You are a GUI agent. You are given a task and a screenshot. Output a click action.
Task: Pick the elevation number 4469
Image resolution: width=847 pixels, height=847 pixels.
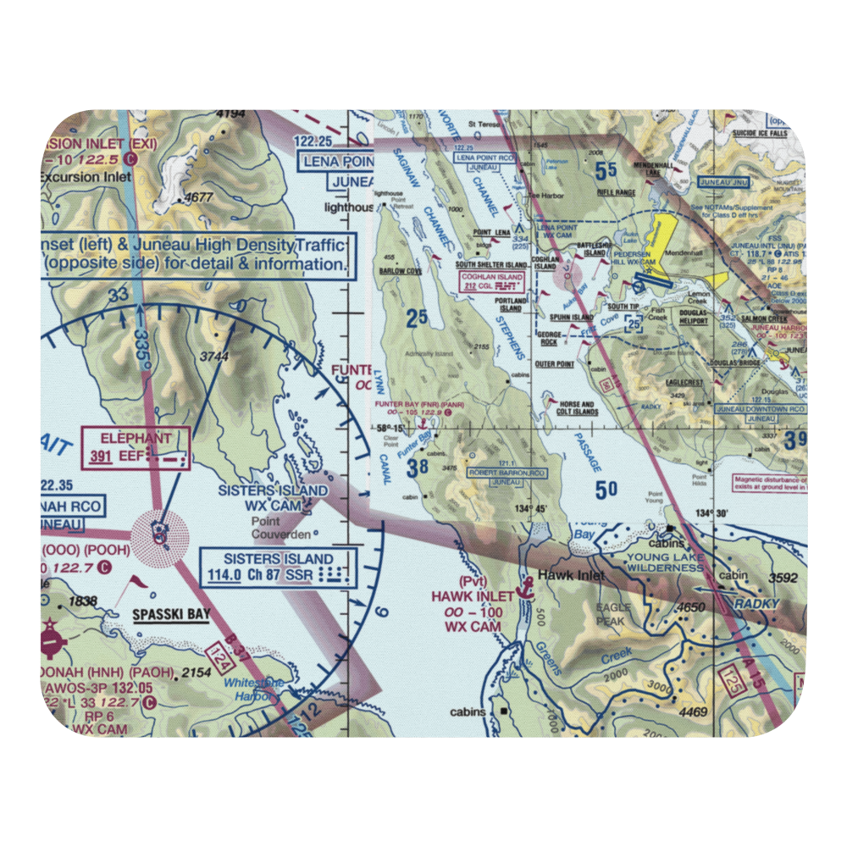(x=692, y=712)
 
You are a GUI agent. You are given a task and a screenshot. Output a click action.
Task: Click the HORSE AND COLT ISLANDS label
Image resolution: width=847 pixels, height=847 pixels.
(x=575, y=408)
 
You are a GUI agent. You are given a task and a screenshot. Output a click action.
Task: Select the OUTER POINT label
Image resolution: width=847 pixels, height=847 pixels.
(x=556, y=364)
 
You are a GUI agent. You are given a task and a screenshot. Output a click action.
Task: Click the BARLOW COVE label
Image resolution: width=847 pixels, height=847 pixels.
(x=401, y=272)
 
